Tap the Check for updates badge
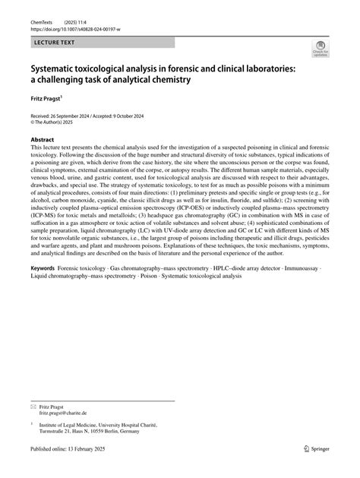pyautogui.click(x=321, y=51)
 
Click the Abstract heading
pyautogui.click(x=42, y=141)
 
